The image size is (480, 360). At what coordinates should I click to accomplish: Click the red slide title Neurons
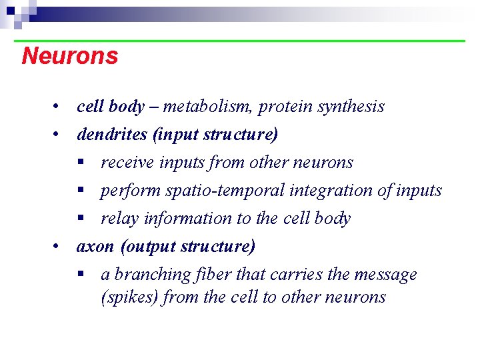coord(69,56)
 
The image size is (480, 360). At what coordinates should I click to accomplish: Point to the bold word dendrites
coord(112,135)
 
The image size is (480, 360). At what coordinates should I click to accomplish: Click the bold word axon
coord(95,247)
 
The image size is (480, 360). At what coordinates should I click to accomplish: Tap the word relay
coord(116,219)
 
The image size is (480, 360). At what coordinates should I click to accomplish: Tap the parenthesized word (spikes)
coord(129,297)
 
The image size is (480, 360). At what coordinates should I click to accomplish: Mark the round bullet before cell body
coord(60,107)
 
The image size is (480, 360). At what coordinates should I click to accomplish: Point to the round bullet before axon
coord(60,247)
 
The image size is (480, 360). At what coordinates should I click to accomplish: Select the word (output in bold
coord(145,247)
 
